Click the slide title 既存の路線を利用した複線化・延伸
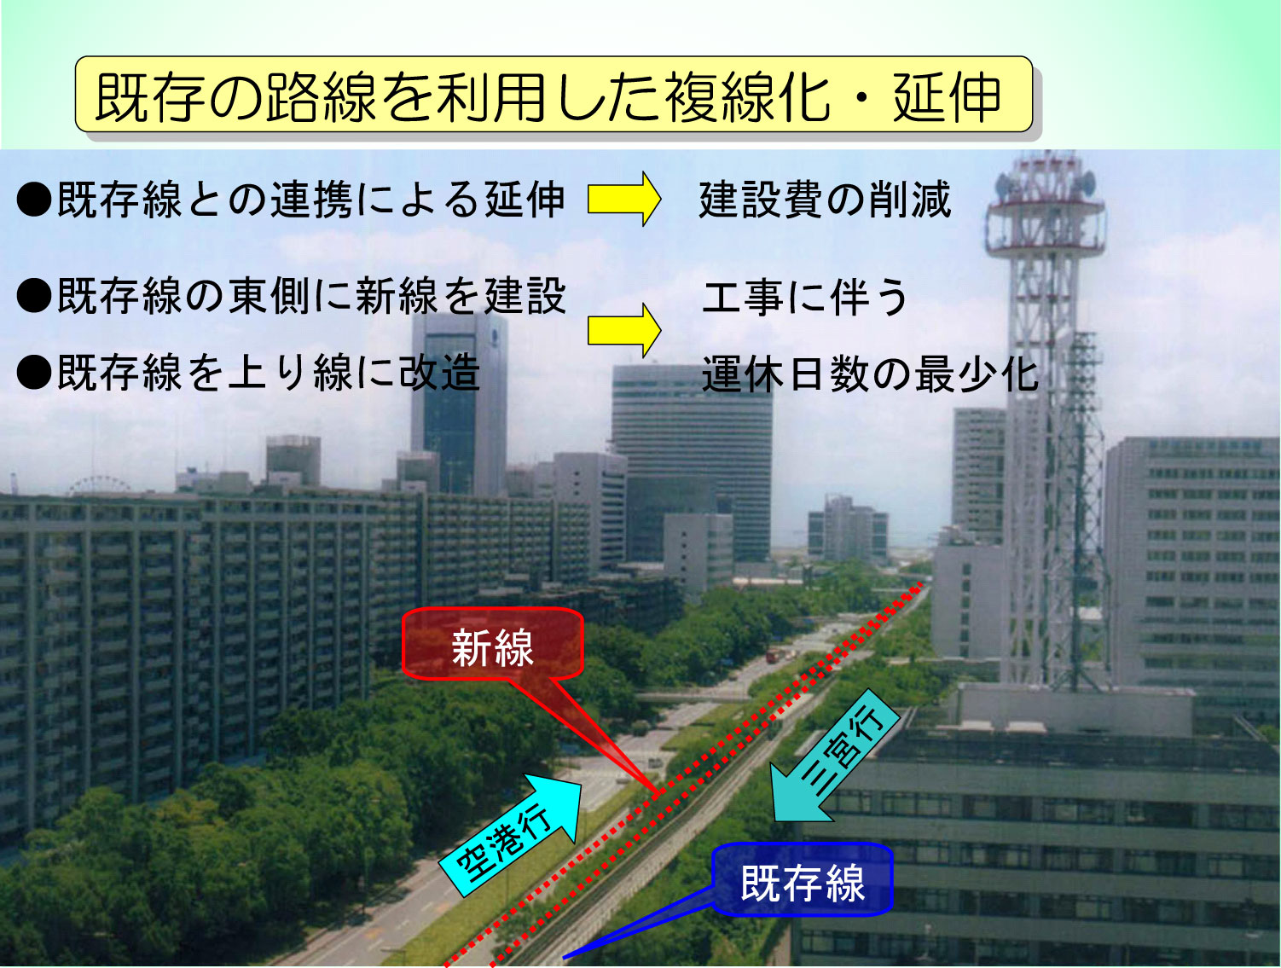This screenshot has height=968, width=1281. (548, 97)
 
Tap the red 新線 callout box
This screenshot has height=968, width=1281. (493, 644)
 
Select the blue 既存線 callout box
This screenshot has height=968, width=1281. (803, 879)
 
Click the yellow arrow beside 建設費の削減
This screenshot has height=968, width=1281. (623, 199)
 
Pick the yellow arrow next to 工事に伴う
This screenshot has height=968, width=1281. (623, 330)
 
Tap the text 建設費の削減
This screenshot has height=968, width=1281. (826, 200)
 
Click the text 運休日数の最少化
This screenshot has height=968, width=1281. (870, 374)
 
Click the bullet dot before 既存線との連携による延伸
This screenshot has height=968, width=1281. (34, 200)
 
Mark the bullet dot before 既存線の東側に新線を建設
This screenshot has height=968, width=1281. (34, 296)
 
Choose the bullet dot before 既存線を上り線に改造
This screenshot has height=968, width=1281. (34, 373)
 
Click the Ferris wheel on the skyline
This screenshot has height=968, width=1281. (98, 487)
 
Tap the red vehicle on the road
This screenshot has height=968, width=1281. (772, 655)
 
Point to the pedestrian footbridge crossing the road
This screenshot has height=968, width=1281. (692, 696)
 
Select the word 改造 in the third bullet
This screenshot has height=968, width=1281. (439, 373)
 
